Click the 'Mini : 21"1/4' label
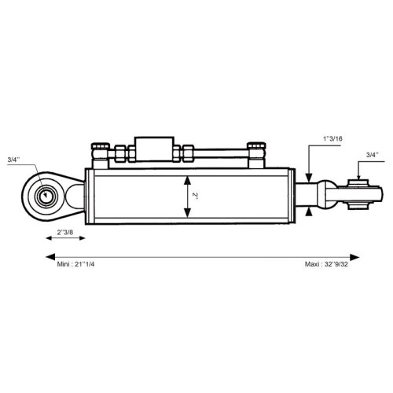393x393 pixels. click(x=75, y=264)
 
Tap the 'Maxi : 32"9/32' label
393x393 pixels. click(x=326, y=264)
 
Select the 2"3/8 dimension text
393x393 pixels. click(x=65, y=232)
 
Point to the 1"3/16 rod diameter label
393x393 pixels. click(x=332, y=138)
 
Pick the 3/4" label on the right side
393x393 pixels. click(x=373, y=155)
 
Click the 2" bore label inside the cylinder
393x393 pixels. click(x=195, y=196)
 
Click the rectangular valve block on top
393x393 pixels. click(x=154, y=149)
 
